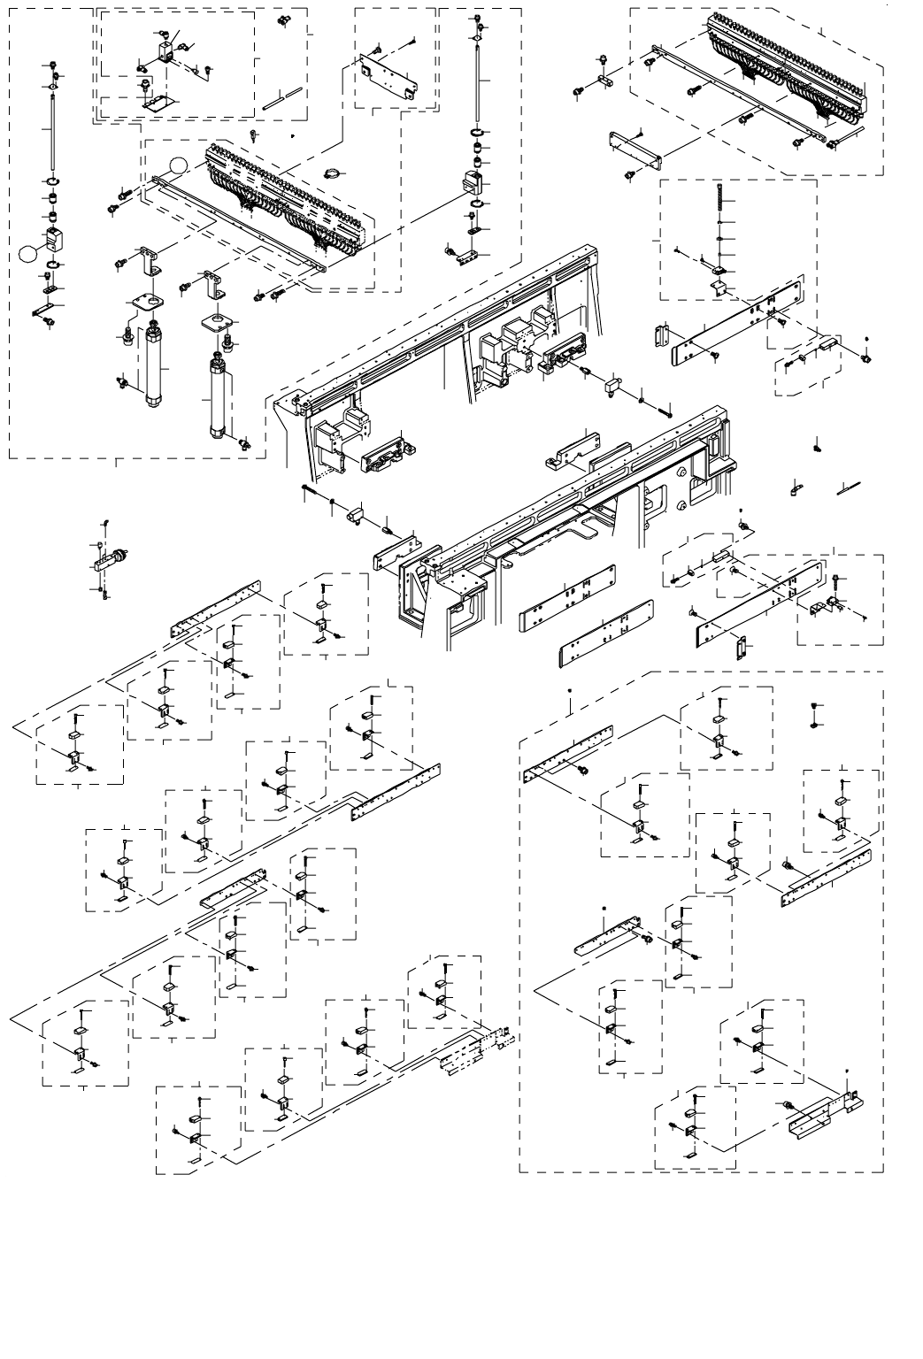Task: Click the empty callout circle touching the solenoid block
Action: [x=27, y=254]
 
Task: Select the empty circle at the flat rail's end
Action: [x=179, y=165]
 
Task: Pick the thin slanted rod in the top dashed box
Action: [x=282, y=98]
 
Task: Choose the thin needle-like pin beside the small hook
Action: [x=848, y=486]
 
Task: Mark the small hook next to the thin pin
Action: [x=796, y=487]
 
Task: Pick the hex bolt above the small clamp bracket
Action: [x=837, y=580]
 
